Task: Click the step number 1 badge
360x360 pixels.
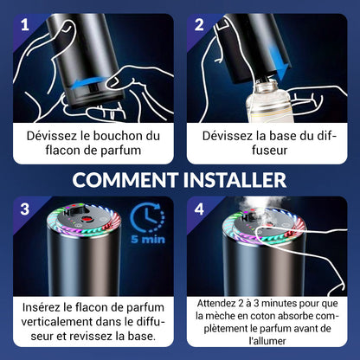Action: (x=25, y=25)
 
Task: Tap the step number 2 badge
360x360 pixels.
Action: (x=199, y=25)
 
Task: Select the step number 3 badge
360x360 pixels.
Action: (x=25, y=209)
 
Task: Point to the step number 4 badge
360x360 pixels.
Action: (x=199, y=209)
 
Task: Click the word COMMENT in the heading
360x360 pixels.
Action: (x=125, y=180)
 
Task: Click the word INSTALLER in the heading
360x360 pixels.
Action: (x=235, y=180)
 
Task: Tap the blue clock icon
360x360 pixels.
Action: (x=147, y=217)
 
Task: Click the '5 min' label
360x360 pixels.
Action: (x=148, y=239)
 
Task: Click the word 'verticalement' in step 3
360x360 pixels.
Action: (x=56, y=321)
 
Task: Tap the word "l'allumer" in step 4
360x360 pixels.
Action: (x=267, y=341)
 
